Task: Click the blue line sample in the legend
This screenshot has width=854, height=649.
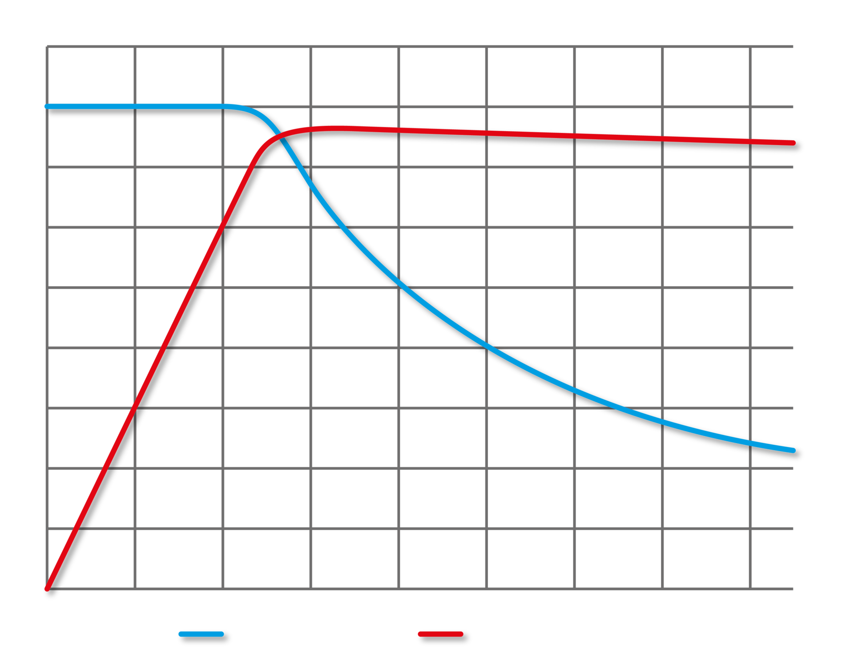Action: [x=201, y=634]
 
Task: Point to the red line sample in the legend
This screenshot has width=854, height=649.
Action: [x=440, y=634]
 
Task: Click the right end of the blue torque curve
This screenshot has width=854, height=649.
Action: [x=793, y=450]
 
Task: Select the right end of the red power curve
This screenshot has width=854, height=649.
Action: [x=793, y=143]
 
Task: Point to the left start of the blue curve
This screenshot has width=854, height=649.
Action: [x=47, y=106]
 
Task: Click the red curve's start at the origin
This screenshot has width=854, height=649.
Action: [x=47, y=589]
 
